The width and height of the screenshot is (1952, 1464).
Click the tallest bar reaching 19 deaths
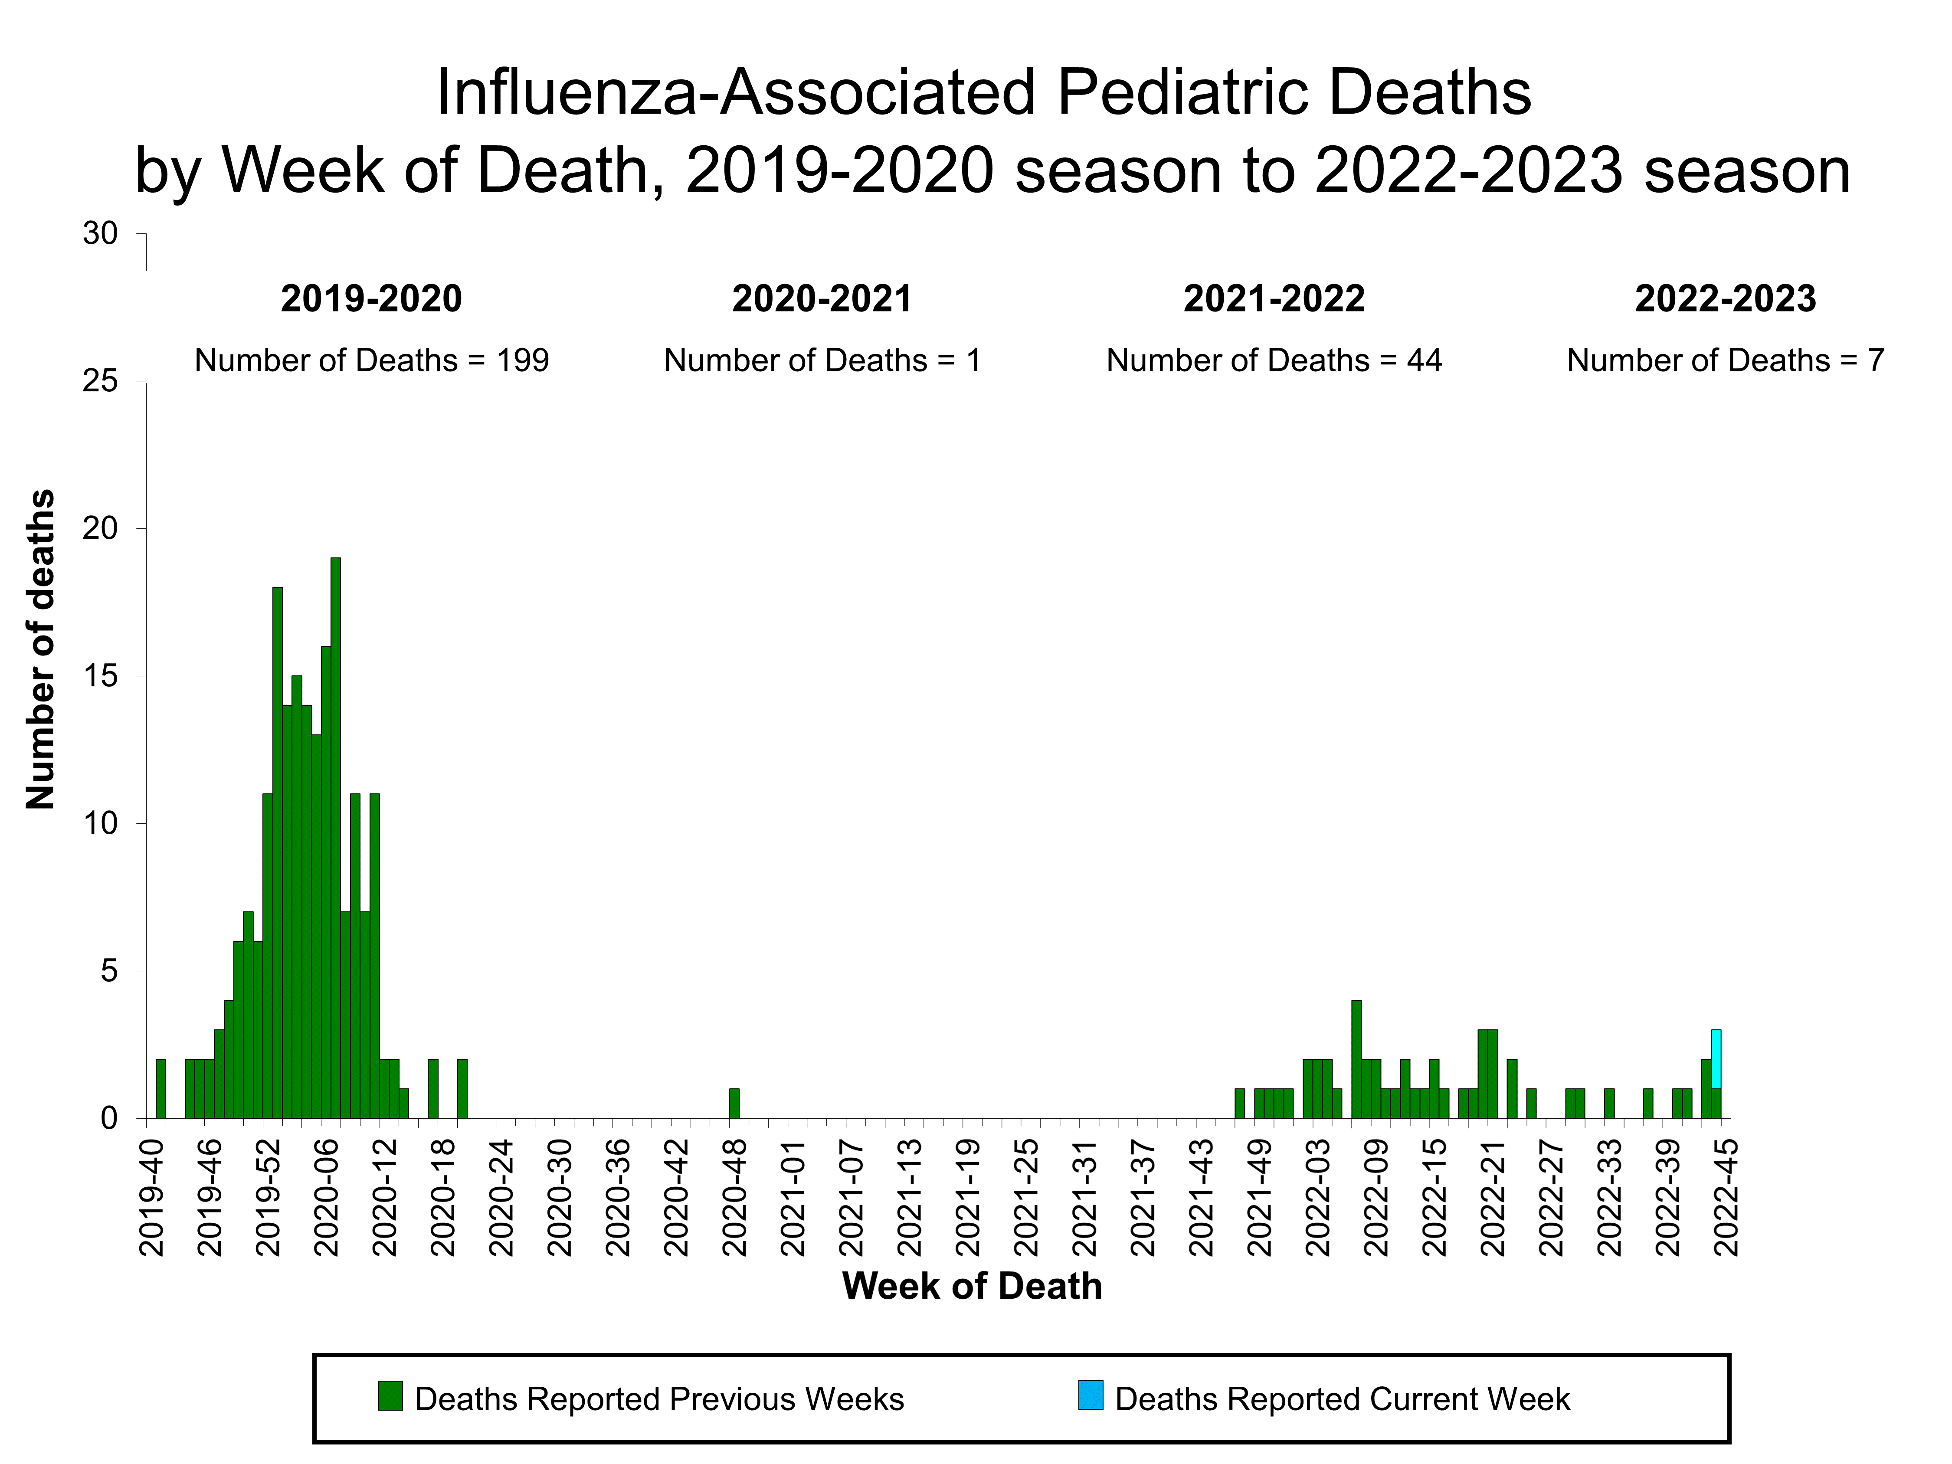click(x=335, y=838)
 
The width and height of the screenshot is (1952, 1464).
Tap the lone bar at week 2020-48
click(x=734, y=1104)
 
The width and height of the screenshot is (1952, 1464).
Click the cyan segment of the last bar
click(x=1716, y=1059)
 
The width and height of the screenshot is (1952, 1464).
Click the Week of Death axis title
click(x=972, y=1287)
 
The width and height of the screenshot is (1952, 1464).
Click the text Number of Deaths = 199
click(x=371, y=361)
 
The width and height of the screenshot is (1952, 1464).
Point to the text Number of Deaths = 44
click(x=1274, y=361)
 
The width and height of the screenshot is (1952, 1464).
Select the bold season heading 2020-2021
click(x=822, y=299)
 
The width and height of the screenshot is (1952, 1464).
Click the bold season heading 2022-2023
click(x=1725, y=299)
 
